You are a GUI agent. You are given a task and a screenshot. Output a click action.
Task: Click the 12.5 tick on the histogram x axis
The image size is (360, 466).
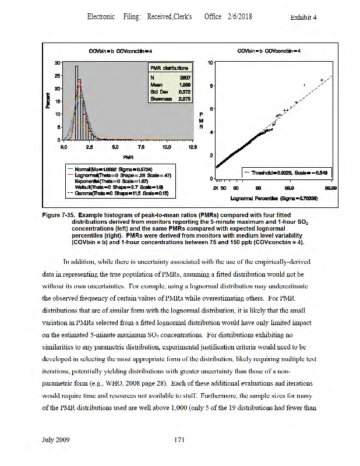pos(192,147)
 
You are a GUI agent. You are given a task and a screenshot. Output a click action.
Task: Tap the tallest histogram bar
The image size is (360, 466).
pos(76,102)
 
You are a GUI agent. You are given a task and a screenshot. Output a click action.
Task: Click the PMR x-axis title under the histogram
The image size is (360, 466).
pos(125,157)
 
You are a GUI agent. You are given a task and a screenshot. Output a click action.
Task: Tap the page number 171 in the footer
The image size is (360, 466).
pos(180,440)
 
